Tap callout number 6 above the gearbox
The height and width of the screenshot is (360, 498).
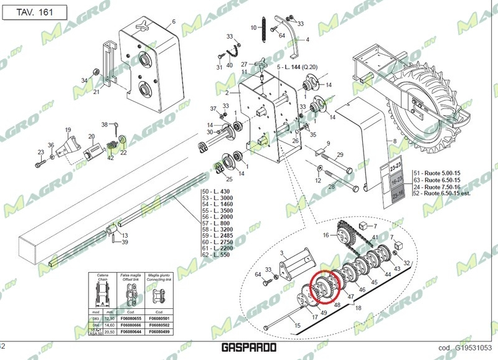(173, 22)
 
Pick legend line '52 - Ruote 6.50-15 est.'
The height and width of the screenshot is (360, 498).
(443, 194)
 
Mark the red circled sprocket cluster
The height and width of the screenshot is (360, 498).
(327, 286)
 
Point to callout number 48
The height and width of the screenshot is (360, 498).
(337, 305)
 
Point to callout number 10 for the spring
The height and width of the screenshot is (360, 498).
(253, 27)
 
